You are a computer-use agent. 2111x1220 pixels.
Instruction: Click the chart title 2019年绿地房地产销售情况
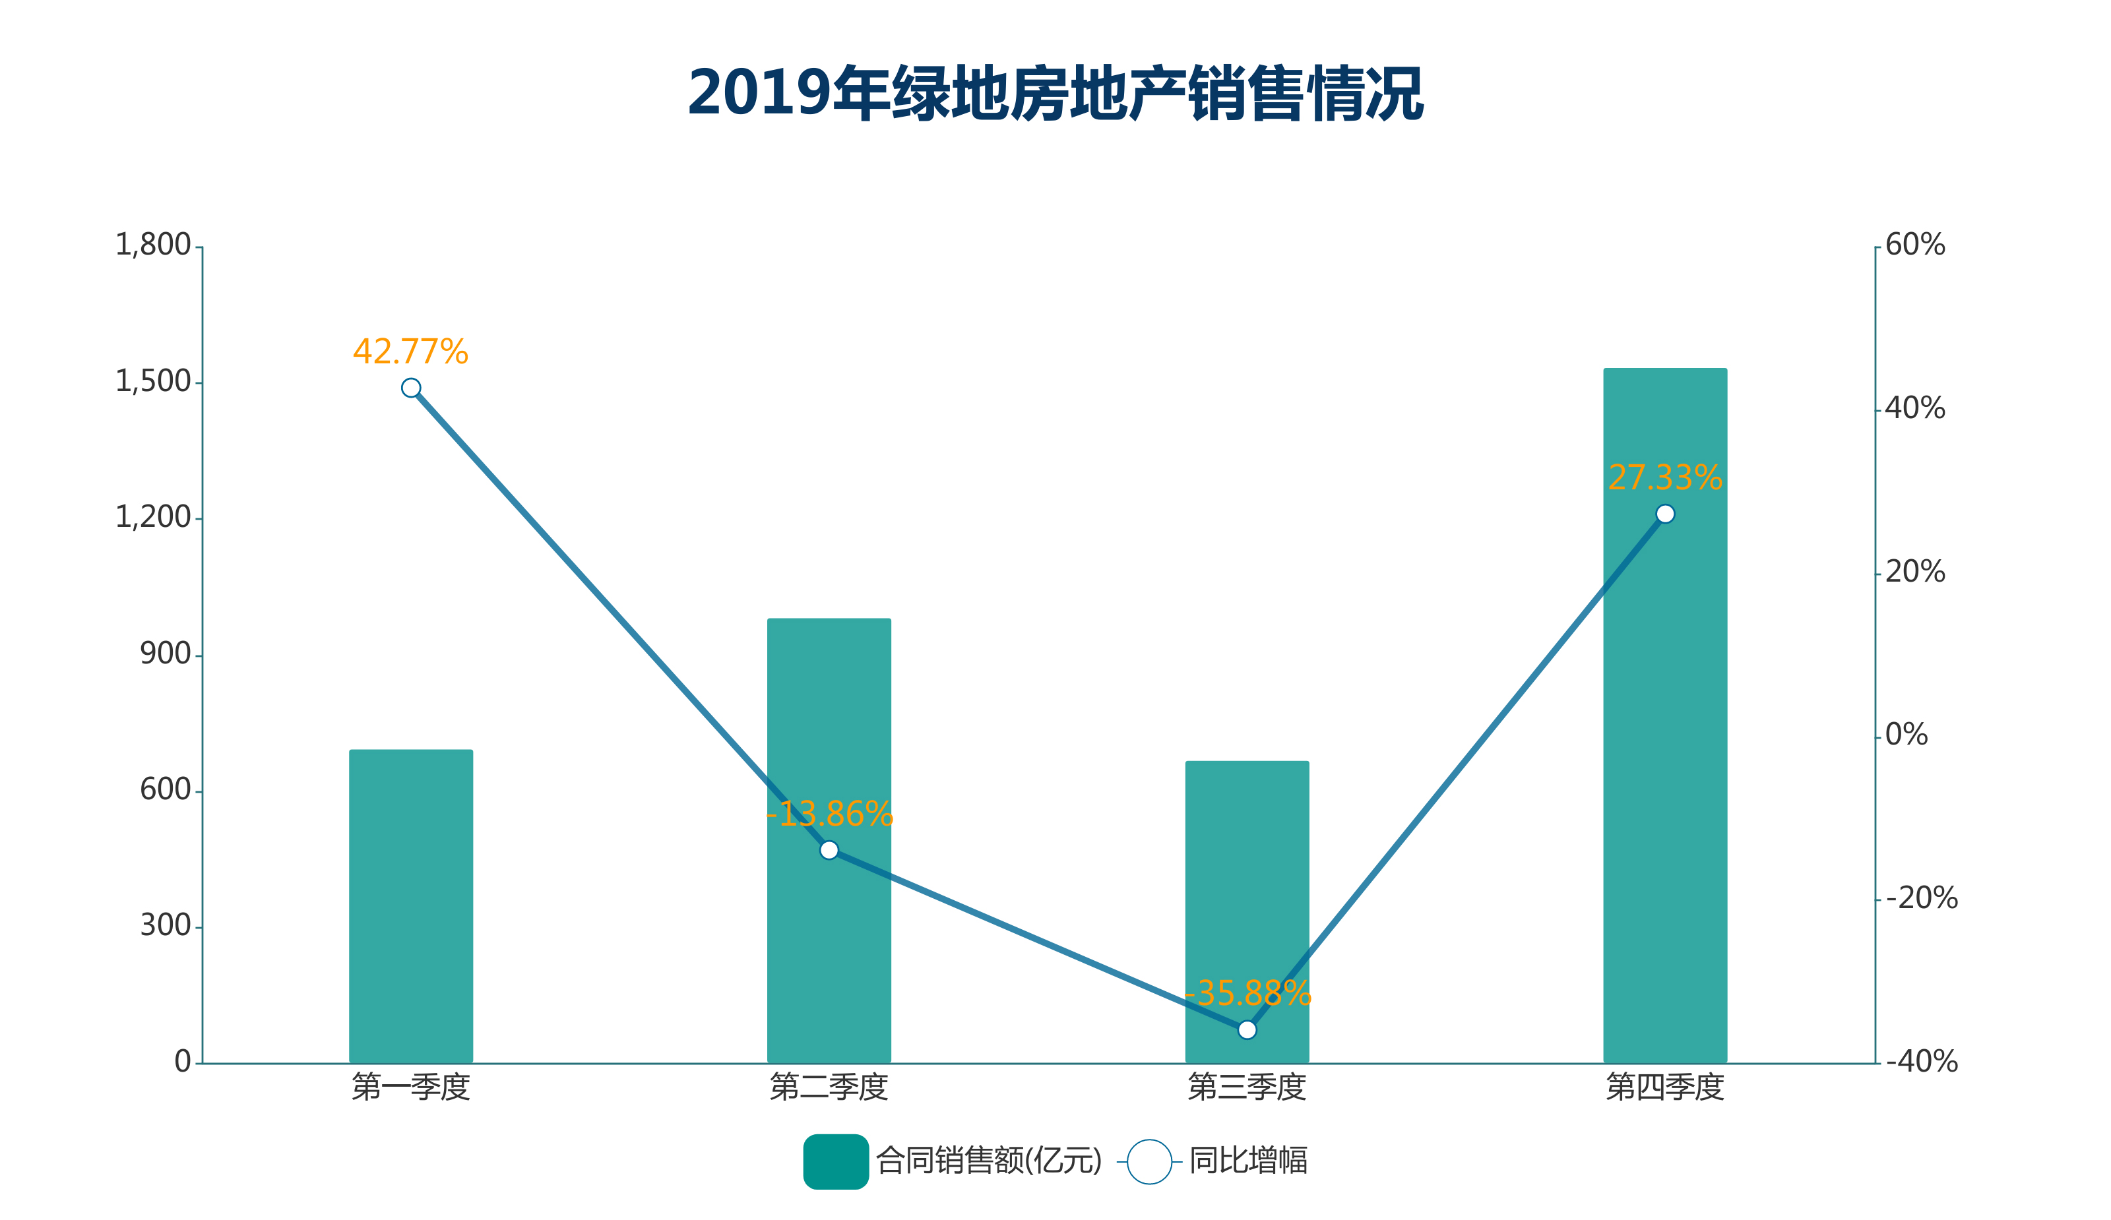1055,93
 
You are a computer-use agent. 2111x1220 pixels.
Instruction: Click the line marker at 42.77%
410,388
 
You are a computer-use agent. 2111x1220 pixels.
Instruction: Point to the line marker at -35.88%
1247,1029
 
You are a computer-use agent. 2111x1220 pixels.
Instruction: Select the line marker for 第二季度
829,850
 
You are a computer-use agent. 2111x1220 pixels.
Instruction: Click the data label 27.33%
1664,478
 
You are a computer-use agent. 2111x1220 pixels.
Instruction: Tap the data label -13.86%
829,814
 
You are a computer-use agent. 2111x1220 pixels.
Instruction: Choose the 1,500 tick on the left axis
153,382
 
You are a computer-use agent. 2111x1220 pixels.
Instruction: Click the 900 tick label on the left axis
165,654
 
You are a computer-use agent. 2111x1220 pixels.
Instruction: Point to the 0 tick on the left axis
183,1062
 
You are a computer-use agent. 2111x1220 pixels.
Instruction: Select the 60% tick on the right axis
1915,245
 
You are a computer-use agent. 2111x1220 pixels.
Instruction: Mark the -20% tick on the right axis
1921,898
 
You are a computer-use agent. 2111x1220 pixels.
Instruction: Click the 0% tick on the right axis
1906,735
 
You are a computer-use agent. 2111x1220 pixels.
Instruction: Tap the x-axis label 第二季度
829,1087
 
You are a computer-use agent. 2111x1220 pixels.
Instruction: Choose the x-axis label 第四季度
1664,1087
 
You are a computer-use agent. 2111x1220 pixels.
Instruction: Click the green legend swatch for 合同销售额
835,1161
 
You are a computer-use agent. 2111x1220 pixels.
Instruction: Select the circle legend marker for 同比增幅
1149,1161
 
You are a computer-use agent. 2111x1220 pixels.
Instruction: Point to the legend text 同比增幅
1248,1161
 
